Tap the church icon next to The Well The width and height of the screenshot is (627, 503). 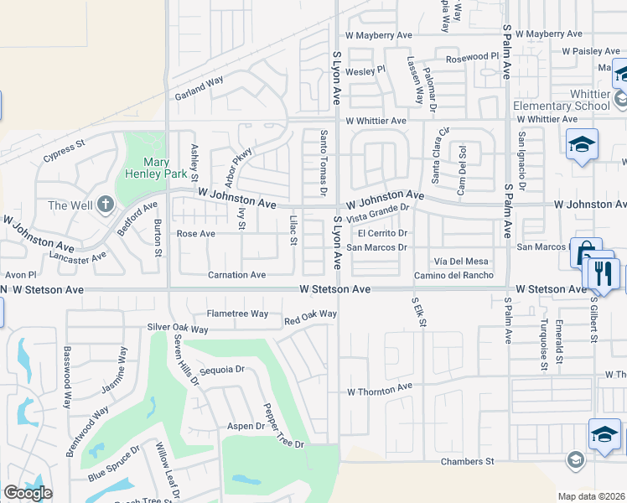pos(105,204)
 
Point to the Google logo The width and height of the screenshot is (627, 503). pos(27,493)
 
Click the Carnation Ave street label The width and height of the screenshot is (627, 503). pos(237,274)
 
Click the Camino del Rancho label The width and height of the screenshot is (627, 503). pos(453,275)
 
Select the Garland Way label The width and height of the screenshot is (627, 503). pos(199,90)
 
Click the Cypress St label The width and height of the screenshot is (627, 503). pos(64,151)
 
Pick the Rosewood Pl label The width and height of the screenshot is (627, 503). pos(472,57)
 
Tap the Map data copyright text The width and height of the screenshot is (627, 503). pos(590,495)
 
